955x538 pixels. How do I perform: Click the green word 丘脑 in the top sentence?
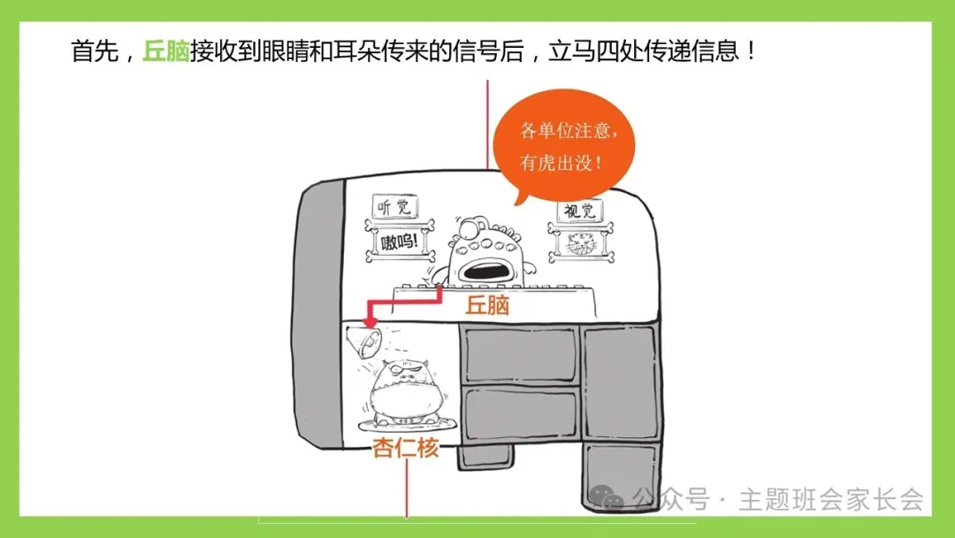[165, 50]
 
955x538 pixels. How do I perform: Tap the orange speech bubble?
[563, 147]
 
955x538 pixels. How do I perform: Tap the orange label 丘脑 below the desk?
[487, 306]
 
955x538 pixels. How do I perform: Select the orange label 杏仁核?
[405, 449]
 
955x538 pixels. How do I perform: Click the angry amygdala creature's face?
[404, 381]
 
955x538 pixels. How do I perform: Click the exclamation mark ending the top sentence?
[751, 50]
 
